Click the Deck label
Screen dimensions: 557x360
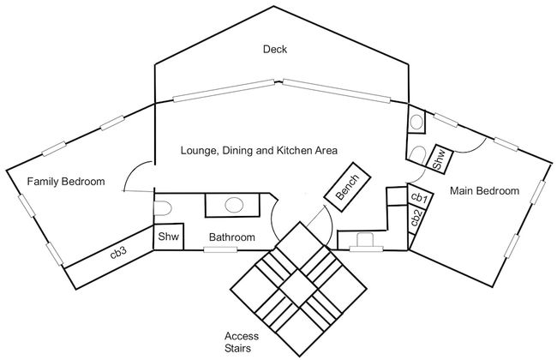275,49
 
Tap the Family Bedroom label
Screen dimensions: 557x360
66,182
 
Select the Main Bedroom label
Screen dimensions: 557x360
484,191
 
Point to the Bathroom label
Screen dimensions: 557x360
232,237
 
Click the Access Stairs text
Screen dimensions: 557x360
242,342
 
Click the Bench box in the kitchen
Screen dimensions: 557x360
347,187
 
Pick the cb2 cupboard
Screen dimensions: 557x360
416,219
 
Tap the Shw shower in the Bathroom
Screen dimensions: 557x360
168,237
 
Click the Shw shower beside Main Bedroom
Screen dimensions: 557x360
439,159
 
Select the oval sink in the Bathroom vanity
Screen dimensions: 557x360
234,205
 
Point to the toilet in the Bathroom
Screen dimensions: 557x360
163,208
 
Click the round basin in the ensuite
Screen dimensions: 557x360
416,123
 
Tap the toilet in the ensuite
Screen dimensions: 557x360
417,155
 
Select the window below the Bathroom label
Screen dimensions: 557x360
220,249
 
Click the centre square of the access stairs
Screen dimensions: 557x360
299,288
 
